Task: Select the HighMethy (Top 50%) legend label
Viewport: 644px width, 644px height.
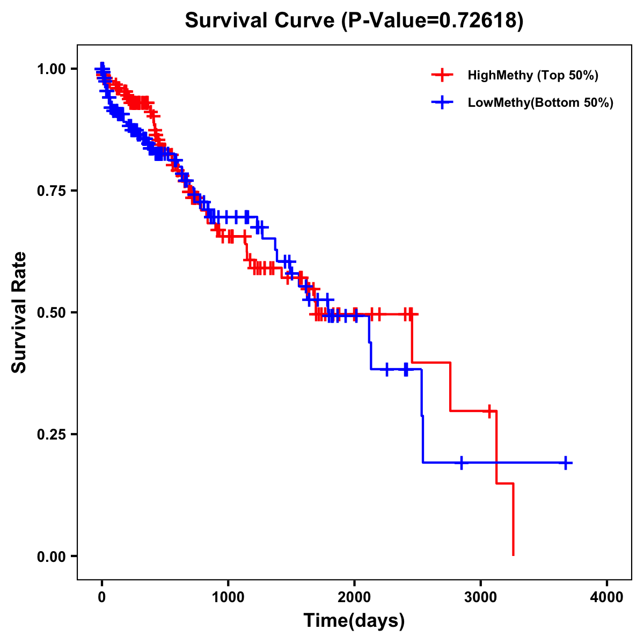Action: coord(532,75)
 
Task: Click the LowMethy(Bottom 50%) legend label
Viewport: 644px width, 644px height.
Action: coord(540,103)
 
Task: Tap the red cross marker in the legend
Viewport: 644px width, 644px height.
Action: coord(442,75)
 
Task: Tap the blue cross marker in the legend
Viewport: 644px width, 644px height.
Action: coord(442,103)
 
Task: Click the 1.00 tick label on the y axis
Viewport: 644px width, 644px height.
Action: coord(50,69)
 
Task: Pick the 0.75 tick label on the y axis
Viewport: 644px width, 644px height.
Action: coord(50,191)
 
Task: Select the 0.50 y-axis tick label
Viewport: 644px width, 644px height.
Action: coord(50,312)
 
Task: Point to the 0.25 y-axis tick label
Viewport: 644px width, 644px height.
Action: coord(50,434)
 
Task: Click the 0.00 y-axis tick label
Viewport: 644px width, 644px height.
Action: coord(50,556)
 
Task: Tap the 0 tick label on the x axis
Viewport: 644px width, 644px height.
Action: coord(102,597)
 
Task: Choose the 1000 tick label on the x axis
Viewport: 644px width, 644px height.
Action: coord(228,597)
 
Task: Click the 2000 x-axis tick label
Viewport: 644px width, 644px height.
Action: coord(354,597)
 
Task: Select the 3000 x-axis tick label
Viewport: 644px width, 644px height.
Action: coord(481,597)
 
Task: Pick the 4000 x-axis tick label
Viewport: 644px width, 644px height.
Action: coord(607,597)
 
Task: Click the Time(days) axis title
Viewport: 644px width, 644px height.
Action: coord(354,621)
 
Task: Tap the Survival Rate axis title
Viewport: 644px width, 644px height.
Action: coord(19,312)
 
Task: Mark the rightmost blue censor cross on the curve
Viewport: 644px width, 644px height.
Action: coord(566,463)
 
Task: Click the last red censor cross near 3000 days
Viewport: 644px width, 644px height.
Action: coord(489,411)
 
